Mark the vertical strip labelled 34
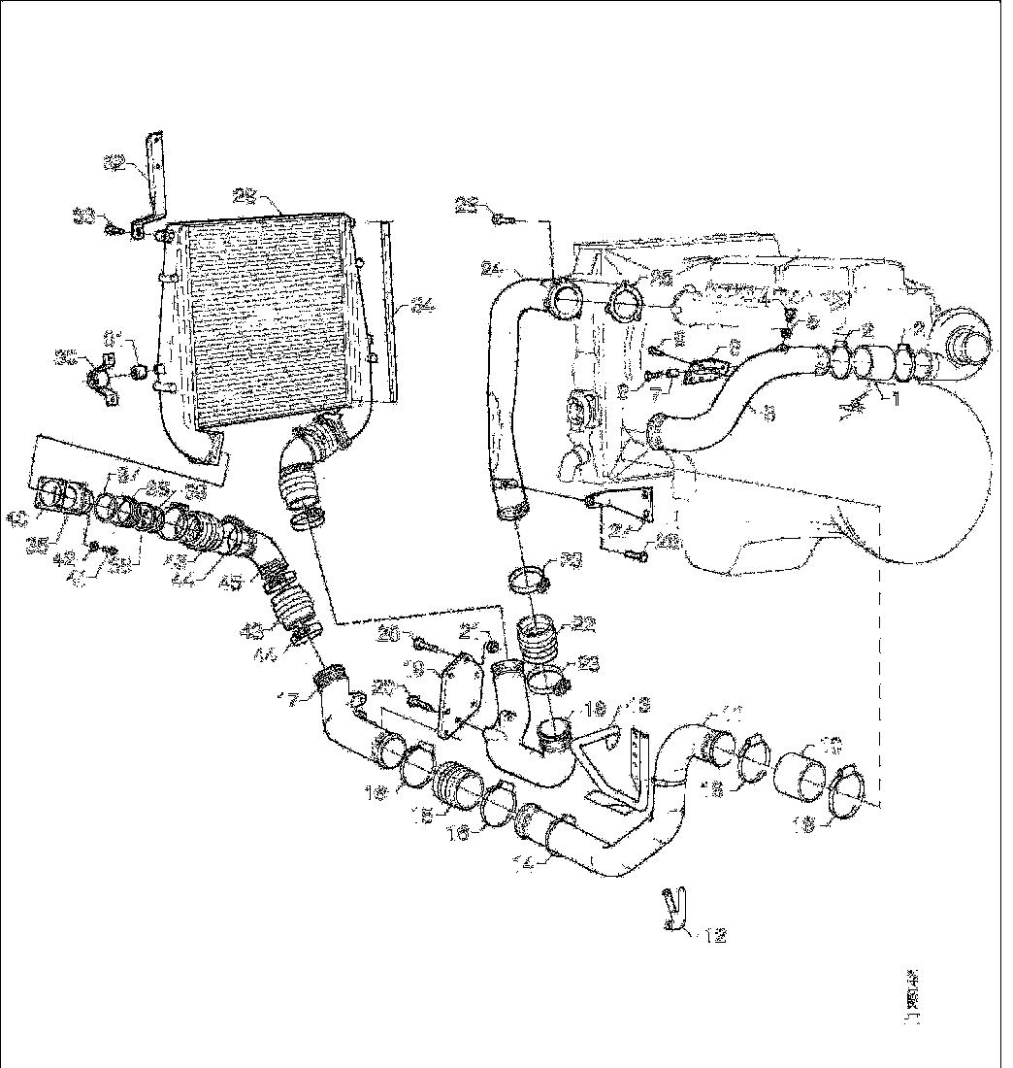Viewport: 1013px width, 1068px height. pyautogui.click(x=390, y=311)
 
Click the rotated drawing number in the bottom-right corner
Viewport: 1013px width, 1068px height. pyautogui.click(x=913, y=1000)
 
